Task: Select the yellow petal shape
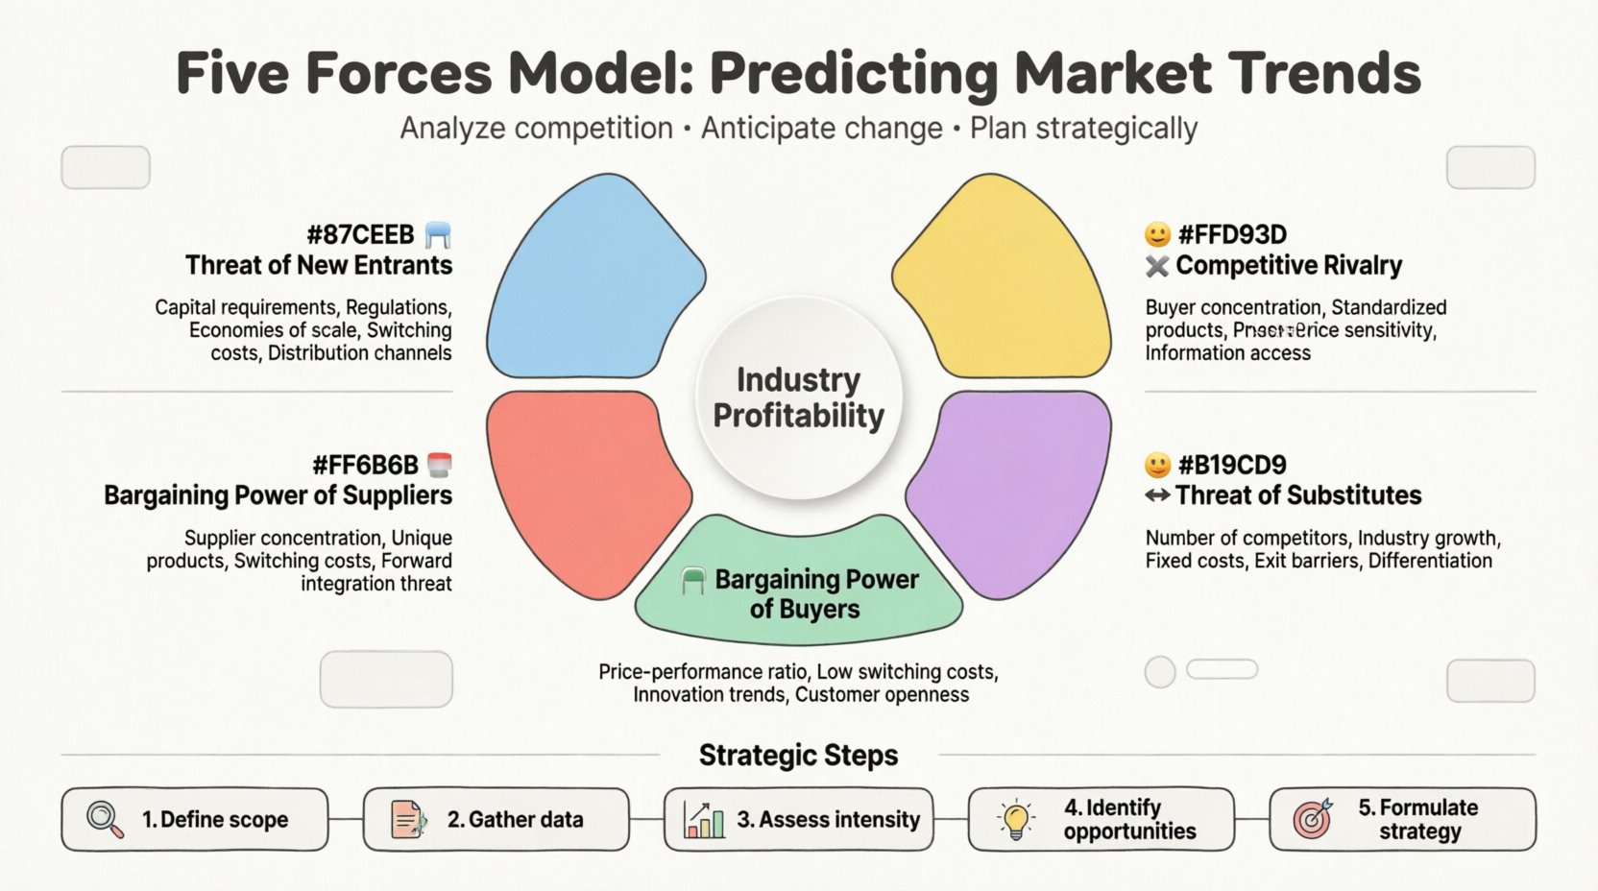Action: [x=1004, y=278]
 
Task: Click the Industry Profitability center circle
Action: [x=799, y=397]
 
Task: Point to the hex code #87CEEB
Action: [x=360, y=234]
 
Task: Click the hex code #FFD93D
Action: [x=1232, y=234]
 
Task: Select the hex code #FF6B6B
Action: [x=365, y=466]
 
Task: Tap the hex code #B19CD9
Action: [x=1232, y=466]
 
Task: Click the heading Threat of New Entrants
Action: [x=319, y=265]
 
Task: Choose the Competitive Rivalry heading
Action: [x=1288, y=265]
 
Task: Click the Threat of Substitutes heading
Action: [x=1297, y=495]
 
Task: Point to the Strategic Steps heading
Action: [x=798, y=756]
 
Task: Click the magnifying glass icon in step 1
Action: [x=105, y=820]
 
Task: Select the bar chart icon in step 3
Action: [x=704, y=820]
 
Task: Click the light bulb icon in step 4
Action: [x=1016, y=820]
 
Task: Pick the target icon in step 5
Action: [x=1313, y=819]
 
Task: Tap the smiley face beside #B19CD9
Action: [x=1158, y=466]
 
